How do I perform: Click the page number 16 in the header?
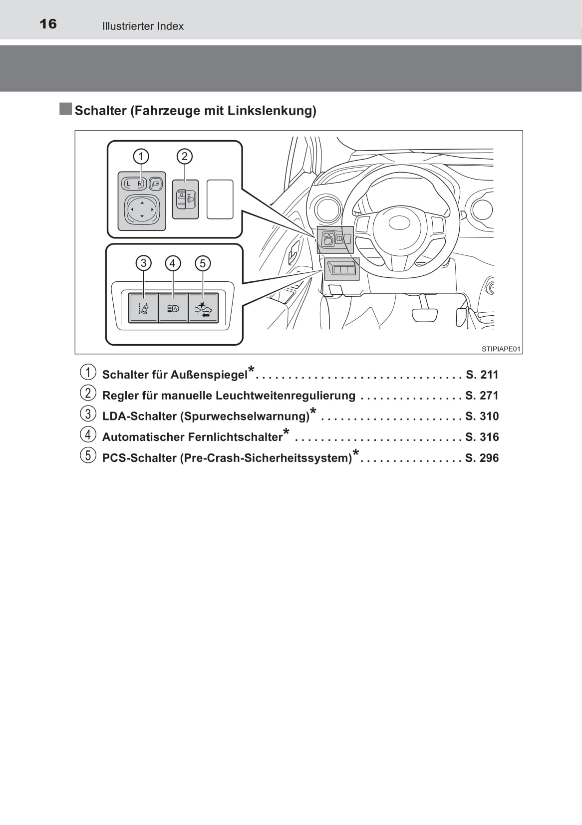(48, 24)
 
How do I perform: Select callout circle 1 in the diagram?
(141, 157)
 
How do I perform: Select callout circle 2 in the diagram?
(184, 157)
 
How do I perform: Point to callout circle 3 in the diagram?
(143, 263)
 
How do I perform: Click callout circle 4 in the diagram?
(173, 263)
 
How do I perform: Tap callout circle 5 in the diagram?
(203, 263)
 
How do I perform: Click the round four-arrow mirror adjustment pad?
(142, 209)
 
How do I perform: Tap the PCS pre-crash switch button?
(204, 308)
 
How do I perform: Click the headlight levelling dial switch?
(185, 199)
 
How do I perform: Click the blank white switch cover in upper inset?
(220, 199)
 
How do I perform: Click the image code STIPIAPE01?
(501, 349)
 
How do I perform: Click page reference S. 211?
(482, 375)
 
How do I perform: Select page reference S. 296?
(482, 458)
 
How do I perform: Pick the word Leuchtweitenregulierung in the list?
(286, 396)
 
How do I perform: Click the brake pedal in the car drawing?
(425, 315)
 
